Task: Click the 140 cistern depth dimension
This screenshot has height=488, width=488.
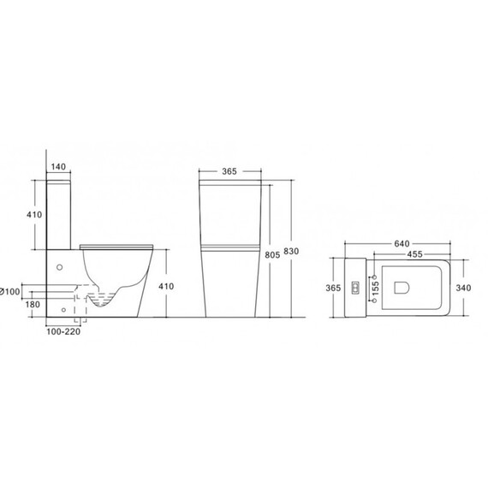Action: click(58, 167)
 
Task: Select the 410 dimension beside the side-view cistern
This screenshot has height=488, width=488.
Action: click(34, 214)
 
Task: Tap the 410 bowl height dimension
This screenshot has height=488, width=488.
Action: click(166, 286)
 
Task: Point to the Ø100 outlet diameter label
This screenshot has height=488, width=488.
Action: click(10, 292)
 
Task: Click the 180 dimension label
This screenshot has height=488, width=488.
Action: click(33, 304)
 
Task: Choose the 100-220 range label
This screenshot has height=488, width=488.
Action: click(63, 332)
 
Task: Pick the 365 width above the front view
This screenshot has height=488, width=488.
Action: click(229, 171)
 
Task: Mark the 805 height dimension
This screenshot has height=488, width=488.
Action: click(272, 255)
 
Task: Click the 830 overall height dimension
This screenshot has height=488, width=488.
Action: click(291, 251)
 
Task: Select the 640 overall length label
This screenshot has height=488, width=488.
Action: click(402, 243)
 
